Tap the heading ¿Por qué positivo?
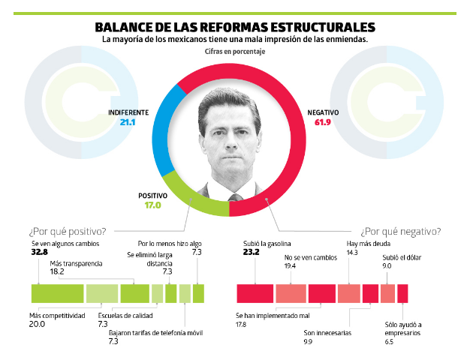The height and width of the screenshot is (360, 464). (67, 231)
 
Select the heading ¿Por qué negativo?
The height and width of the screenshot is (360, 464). (400, 231)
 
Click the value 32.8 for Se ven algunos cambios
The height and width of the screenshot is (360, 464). (39, 253)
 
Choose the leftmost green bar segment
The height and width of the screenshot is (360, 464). (57, 293)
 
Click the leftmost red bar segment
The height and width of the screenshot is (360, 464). (255, 293)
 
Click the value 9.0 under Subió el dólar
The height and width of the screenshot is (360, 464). (387, 265)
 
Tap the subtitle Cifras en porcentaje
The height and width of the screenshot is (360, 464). (234, 52)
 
